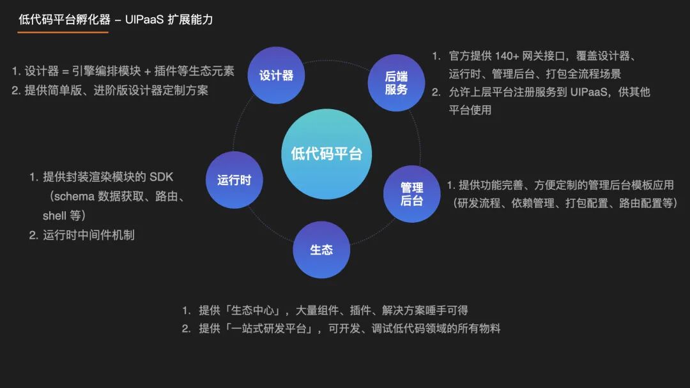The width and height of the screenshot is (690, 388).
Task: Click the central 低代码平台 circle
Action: tap(326, 154)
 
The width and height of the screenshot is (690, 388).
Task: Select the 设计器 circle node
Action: tap(276, 75)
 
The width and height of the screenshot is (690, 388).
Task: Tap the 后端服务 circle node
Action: tap(396, 83)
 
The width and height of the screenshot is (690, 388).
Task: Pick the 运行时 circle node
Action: tap(234, 180)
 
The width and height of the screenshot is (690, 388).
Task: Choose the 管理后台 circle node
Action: tap(411, 194)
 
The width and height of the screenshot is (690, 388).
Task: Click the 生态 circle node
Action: tap(321, 250)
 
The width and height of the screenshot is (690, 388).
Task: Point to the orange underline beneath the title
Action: tap(54, 32)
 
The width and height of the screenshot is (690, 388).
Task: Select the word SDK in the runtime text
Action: tap(161, 177)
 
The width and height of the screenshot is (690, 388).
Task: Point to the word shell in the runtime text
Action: tap(54, 216)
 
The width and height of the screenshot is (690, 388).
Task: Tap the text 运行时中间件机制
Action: tap(89, 235)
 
